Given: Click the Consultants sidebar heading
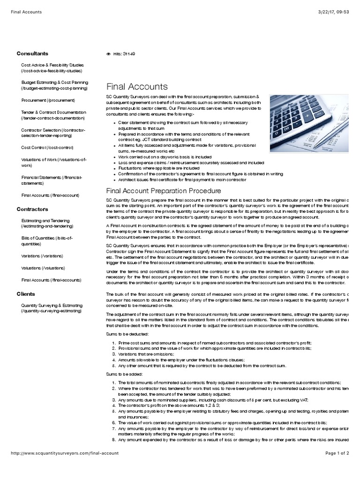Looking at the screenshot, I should (x=32, y=53).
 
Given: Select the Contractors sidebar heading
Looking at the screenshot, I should (x=32, y=209).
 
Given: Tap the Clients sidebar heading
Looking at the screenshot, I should (x=25, y=294).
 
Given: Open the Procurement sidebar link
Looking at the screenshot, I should (x=48, y=100).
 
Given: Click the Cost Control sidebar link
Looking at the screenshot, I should (x=47, y=147).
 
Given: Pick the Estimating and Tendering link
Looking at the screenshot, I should (x=45, y=223).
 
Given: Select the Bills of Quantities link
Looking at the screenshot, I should (x=47, y=241).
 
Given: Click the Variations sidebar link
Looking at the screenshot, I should (x=42, y=256).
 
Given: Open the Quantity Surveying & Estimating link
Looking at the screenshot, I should (x=52, y=307).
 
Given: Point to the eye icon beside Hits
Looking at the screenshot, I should (x=108, y=54).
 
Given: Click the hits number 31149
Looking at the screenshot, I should (x=129, y=54).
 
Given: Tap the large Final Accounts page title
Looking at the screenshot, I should (x=137, y=86).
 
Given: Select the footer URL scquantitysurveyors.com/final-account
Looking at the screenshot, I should (x=65, y=453).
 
